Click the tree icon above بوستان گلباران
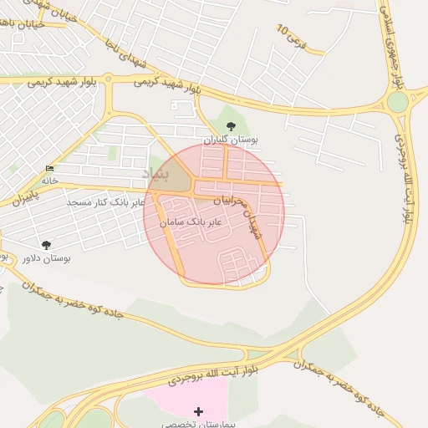[x=232, y=126]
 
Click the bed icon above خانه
[x=49, y=169]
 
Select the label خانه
[x=49, y=181]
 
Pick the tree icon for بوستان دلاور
[x=46, y=245]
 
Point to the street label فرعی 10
[x=293, y=34]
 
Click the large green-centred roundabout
[x=398, y=102]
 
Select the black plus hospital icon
[x=198, y=411]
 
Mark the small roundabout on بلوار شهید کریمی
[x=108, y=81]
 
